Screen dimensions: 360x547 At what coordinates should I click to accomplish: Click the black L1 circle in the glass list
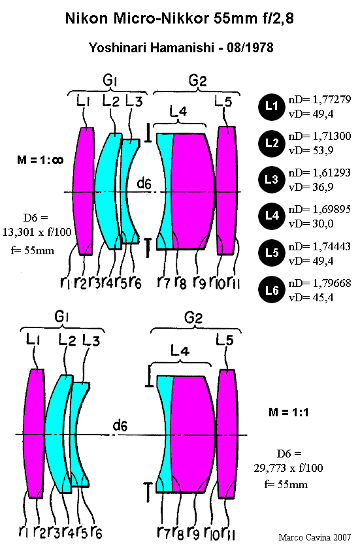[x=272, y=107]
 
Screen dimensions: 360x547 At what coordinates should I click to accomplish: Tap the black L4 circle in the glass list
[x=272, y=216]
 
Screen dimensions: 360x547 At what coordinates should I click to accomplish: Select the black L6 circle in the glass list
[x=272, y=290]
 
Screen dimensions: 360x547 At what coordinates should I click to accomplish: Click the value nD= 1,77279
[x=319, y=100]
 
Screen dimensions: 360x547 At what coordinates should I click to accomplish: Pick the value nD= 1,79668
[x=319, y=283]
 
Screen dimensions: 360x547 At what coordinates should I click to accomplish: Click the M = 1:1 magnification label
[x=289, y=412]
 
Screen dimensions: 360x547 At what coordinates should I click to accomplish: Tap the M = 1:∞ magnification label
[x=40, y=160]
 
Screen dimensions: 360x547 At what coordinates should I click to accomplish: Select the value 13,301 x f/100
[x=37, y=232]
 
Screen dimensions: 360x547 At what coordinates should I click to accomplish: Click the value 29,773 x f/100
[x=289, y=468]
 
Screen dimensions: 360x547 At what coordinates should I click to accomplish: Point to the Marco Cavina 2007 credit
[x=315, y=537]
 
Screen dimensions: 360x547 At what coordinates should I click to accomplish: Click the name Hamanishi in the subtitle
[x=182, y=48]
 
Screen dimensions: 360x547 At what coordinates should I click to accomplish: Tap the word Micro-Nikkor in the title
[x=161, y=18]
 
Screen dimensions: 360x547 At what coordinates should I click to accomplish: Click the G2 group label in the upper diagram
[x=198, y=80]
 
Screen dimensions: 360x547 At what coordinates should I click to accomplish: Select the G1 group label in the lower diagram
[x=61, y=317]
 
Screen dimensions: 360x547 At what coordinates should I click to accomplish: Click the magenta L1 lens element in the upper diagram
[x=84, y=191]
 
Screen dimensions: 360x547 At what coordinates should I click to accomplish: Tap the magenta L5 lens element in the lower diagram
[x=228, y=433]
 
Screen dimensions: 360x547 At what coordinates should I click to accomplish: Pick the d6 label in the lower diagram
[x=120, y=425]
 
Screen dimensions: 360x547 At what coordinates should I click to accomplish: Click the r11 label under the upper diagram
[x=233, y=282]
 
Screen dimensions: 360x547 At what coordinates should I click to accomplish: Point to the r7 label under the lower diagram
[x=163, y=532]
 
